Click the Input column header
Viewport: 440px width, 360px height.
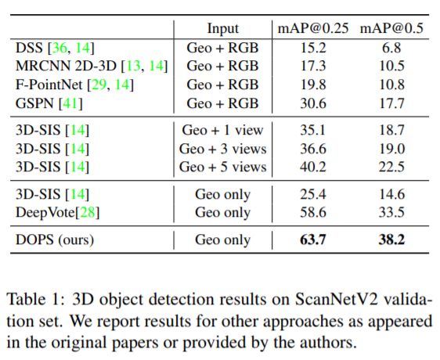pyautogui.click(x=223, y=29)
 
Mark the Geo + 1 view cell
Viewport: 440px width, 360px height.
pyautogui.click(x=223, y=129)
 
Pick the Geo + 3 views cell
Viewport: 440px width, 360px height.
pyautogui.click(x=223, y=148)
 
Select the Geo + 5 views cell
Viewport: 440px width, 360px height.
pyautogui.click(x=223, y=167)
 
